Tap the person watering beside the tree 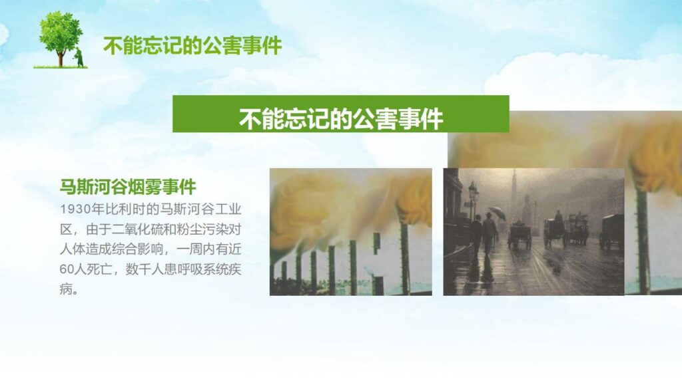click(79, 57)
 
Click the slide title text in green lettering click(192, 45)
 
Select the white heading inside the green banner click(340, 119)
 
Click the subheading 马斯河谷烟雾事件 click(128, 187)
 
